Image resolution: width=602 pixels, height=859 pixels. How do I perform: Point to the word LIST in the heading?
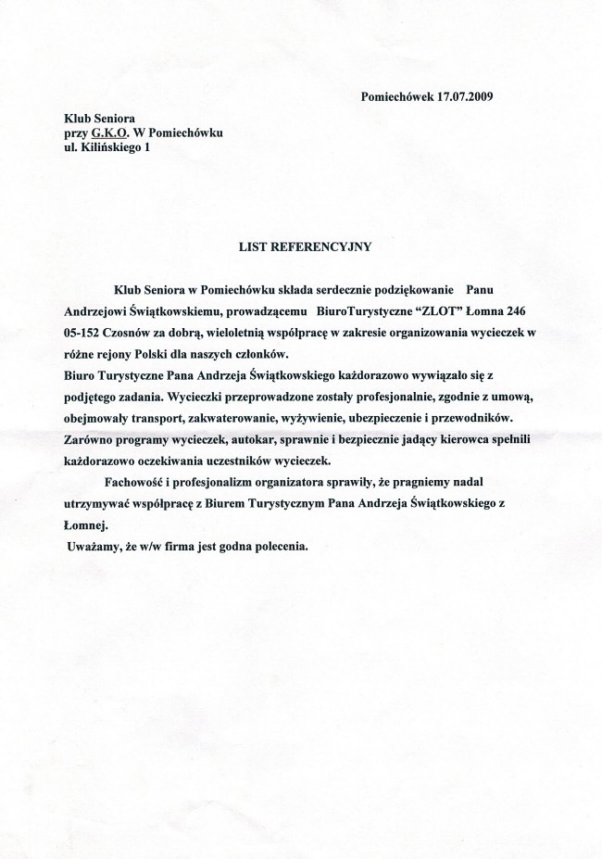pos(253,246)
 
